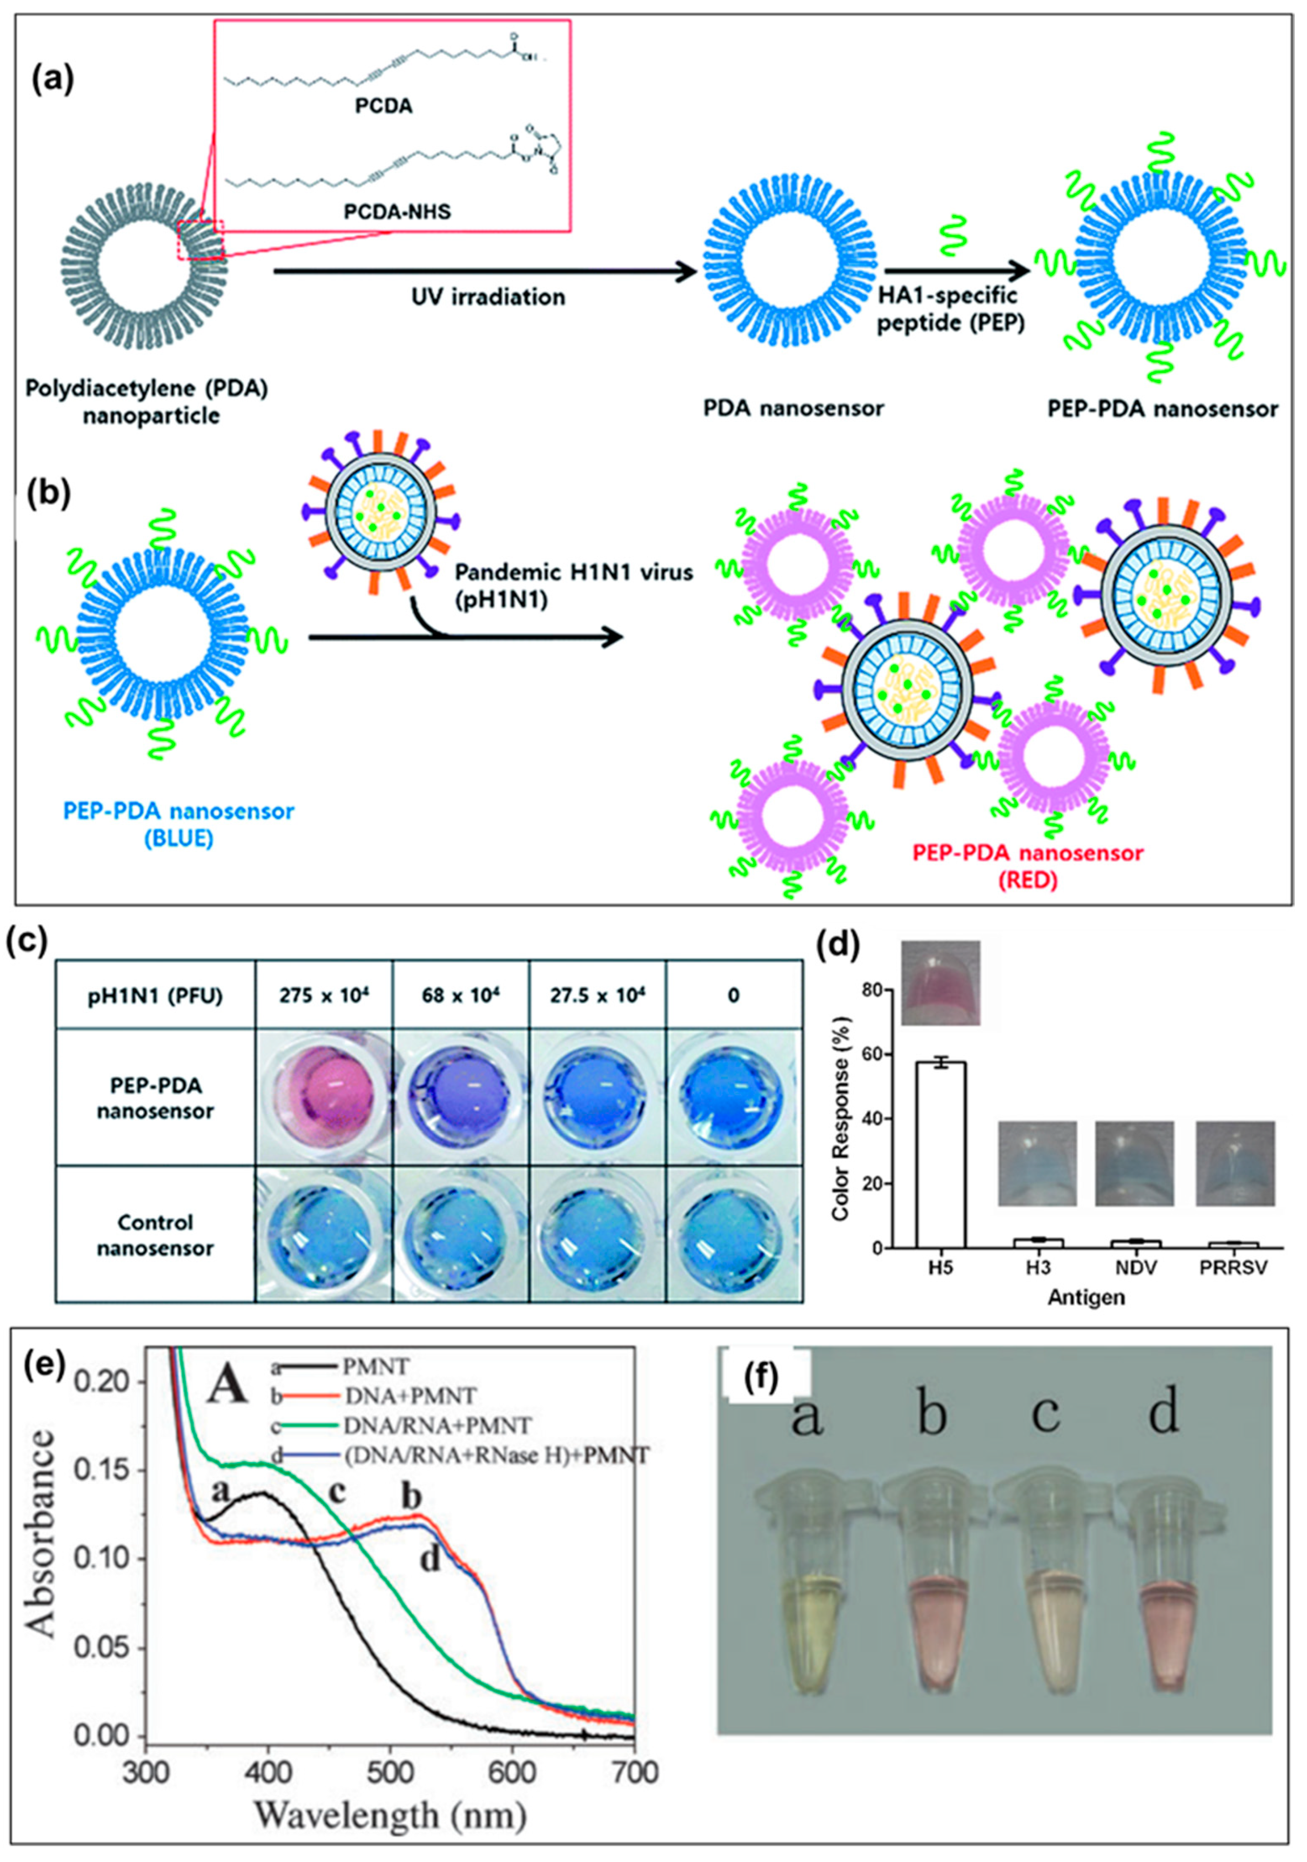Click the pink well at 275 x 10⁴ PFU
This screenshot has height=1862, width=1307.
tap(323, 1097)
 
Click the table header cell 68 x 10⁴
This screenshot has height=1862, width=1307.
tap(460, 995)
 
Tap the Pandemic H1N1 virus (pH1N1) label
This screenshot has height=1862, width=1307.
tap(573, 584)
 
